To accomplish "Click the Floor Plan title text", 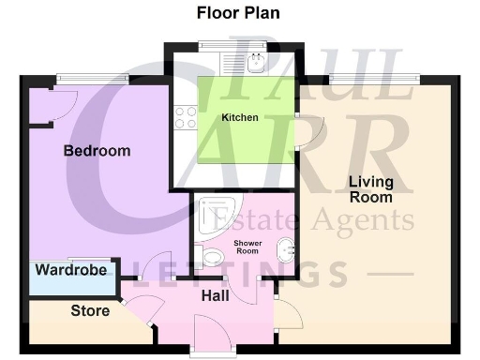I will (x=237, y=13).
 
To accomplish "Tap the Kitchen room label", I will (x=239, y=118).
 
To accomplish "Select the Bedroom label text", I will (x=97, y=151).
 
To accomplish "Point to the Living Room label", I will (x=370, y=189).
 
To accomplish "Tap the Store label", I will (x=91, y=310).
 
